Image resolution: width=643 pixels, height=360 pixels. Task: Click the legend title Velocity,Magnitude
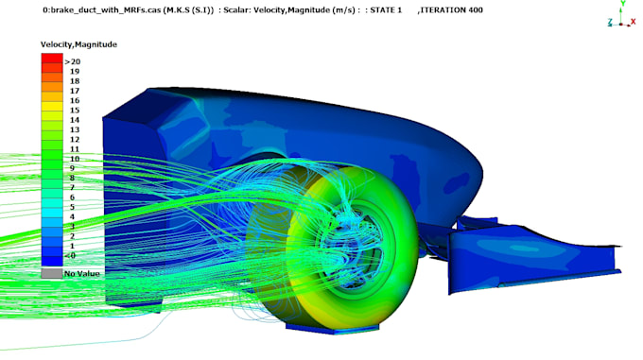78,44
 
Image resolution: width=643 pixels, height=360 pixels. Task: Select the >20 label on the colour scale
73,61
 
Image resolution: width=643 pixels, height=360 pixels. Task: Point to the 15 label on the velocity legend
74,111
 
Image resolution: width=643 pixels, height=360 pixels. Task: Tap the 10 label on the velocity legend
74,159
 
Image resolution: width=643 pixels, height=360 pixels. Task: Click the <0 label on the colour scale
70,256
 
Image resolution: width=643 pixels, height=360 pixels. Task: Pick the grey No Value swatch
52,274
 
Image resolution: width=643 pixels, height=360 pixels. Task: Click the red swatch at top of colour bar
52,59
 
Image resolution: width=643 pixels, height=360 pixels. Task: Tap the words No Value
81,274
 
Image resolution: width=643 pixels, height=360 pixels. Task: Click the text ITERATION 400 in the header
451,9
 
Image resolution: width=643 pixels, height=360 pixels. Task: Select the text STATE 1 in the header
386,9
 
